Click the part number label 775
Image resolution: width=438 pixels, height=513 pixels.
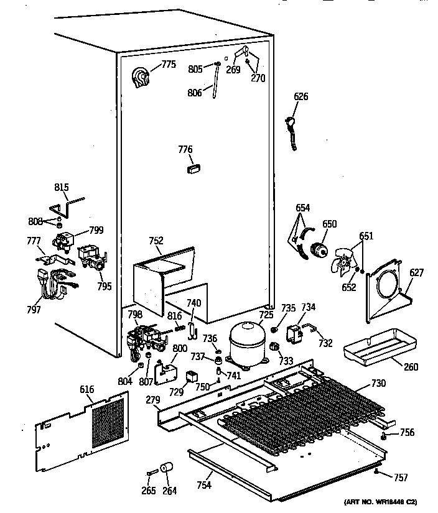coord(169,64)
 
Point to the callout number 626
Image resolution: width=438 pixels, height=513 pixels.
coord(301,97)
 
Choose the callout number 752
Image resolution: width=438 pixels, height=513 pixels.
coord(156,241)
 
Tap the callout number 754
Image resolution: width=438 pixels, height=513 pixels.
coord(203,486)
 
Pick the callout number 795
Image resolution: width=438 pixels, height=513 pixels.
coord(104,286)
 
